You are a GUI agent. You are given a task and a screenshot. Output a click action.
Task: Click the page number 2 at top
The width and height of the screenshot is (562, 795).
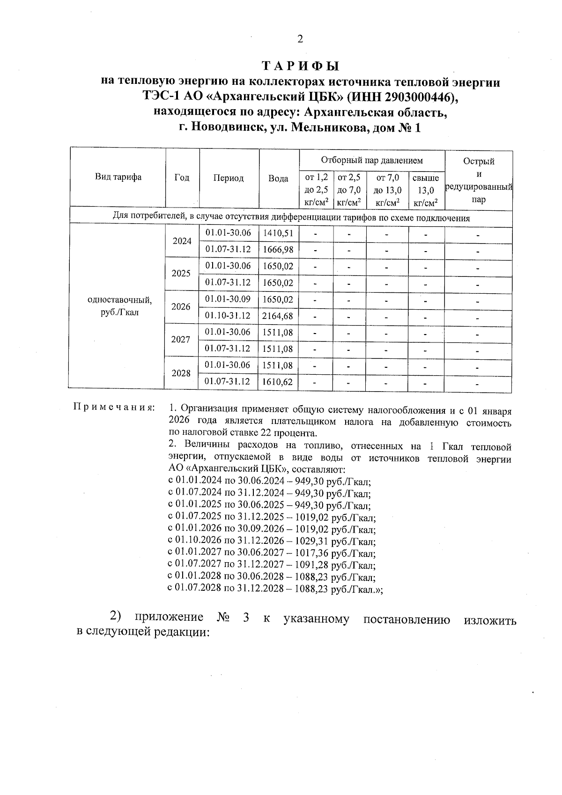[300, 39]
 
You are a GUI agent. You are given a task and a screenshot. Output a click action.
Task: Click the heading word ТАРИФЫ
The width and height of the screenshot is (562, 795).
[300, 66]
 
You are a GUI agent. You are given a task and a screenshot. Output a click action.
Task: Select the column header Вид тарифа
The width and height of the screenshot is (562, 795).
[118, 177]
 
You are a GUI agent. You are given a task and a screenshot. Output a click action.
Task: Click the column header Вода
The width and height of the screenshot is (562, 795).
[278, 178]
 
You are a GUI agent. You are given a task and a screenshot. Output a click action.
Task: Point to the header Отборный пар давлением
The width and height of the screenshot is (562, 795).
[371, 160]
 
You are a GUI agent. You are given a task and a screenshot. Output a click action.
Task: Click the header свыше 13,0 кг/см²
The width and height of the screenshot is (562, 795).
[426, 190]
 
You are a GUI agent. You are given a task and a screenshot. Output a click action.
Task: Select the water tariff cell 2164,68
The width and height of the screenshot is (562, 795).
[278, 316]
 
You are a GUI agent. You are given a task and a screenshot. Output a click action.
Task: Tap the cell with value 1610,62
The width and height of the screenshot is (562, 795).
[278, 382]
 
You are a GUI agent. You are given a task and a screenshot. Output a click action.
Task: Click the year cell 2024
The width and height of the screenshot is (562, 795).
[182, 241]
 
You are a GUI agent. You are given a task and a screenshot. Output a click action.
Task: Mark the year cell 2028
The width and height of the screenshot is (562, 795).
[181, 373]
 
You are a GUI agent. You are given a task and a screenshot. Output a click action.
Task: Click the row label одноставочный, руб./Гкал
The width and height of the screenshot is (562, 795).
[120, 305]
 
